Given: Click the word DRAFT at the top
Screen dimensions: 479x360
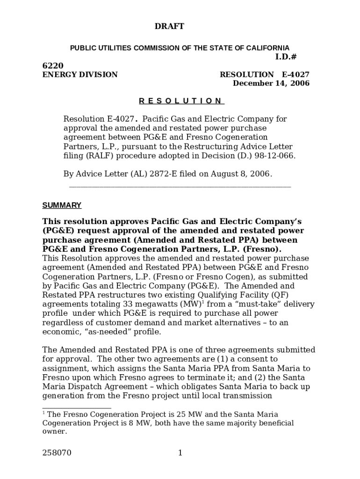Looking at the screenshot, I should tap(169, 27).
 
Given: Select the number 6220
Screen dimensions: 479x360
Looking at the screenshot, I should tap(53, 66).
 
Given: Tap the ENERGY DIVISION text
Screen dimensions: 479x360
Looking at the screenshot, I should tap(80, 75).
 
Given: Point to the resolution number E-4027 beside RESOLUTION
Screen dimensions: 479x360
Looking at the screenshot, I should tap(295, 75).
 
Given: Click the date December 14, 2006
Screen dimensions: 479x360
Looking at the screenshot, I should tap(271, 84).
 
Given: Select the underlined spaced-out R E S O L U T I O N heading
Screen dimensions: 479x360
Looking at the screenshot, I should tap(181, 101).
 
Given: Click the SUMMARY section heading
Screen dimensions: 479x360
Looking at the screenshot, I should tap(62, 205).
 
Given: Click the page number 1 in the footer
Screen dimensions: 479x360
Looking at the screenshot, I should tap(180, 453).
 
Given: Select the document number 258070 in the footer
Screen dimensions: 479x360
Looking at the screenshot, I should tap(57, 453).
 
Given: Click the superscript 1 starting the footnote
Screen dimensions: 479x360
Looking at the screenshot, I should tap(44, 413).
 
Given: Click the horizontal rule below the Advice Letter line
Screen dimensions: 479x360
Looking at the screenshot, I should tap(180, 187).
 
